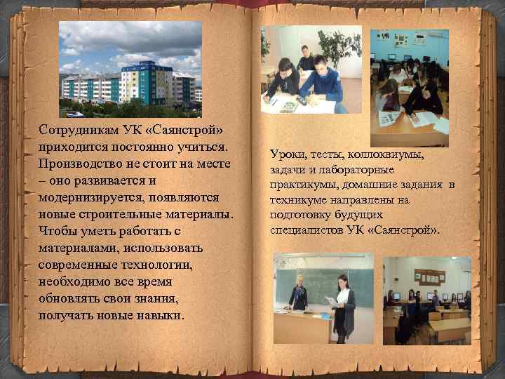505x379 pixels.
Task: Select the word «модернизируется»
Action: (87, 197)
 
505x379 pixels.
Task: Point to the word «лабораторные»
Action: (358, 169)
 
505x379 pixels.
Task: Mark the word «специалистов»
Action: (304, 230)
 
